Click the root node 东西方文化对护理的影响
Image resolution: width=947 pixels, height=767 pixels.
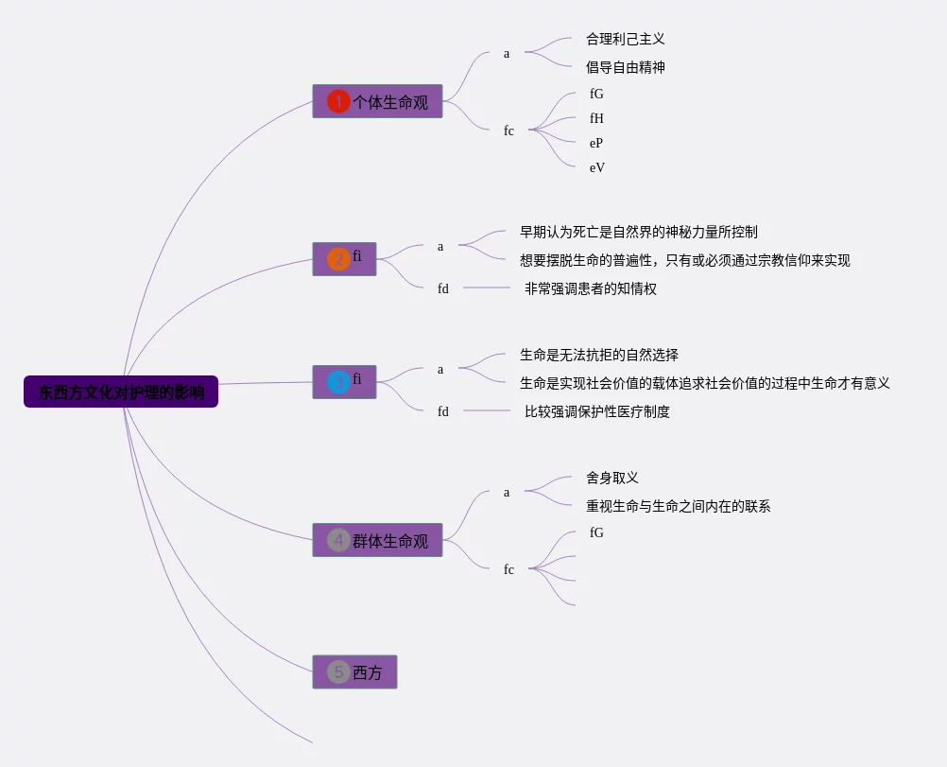pyautogui.click(x=121, y=392)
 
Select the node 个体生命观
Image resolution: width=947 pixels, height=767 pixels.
pyautogui.click(x=389, y=102)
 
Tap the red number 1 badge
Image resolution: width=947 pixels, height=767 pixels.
pyautogui.click(x=338, y=101)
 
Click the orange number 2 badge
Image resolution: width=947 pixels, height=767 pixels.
pyautogui.click(x=338, y=259)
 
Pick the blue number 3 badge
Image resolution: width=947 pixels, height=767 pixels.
pyautogui.click(x=338, y=382)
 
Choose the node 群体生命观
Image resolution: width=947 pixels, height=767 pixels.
pyautogui.click(x=389, y=541)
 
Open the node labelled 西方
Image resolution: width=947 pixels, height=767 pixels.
pyautogui.click(x=367, y=672)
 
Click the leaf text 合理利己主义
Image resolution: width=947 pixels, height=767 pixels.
pyautogui.click(x=625, y=39)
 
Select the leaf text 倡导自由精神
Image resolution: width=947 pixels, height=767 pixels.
pyautogui.click(x=625, y=67)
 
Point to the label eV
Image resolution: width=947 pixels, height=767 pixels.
pyautogui.click(x=597, y=167)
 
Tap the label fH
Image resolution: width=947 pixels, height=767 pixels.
pyautogui.click(x=596, y=118)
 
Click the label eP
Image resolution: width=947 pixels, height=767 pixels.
pyautogui.click(x=596, y=143)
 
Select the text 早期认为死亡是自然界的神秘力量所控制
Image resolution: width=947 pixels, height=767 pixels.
pyautogui.click(x=638, y=232)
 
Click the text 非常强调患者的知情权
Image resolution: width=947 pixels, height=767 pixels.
pyautogui.click(x=590, y=288)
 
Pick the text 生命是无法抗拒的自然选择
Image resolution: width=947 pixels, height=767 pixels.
pyautogui.click(x=598, y=355)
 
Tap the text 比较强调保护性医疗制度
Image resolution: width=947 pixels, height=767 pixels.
pyautogui.click(x=596, y=411)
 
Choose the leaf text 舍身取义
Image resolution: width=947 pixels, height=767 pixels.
pyautogui.click(x=611, y=478)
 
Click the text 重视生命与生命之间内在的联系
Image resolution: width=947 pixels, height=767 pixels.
pyautogui.click(x=678, y=506)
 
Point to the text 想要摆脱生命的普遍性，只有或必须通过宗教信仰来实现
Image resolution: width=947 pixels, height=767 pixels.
pyautogui.click(x=684, y=260)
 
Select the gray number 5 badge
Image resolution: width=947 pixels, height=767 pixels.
pyautogui.click(x=338, y=672)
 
